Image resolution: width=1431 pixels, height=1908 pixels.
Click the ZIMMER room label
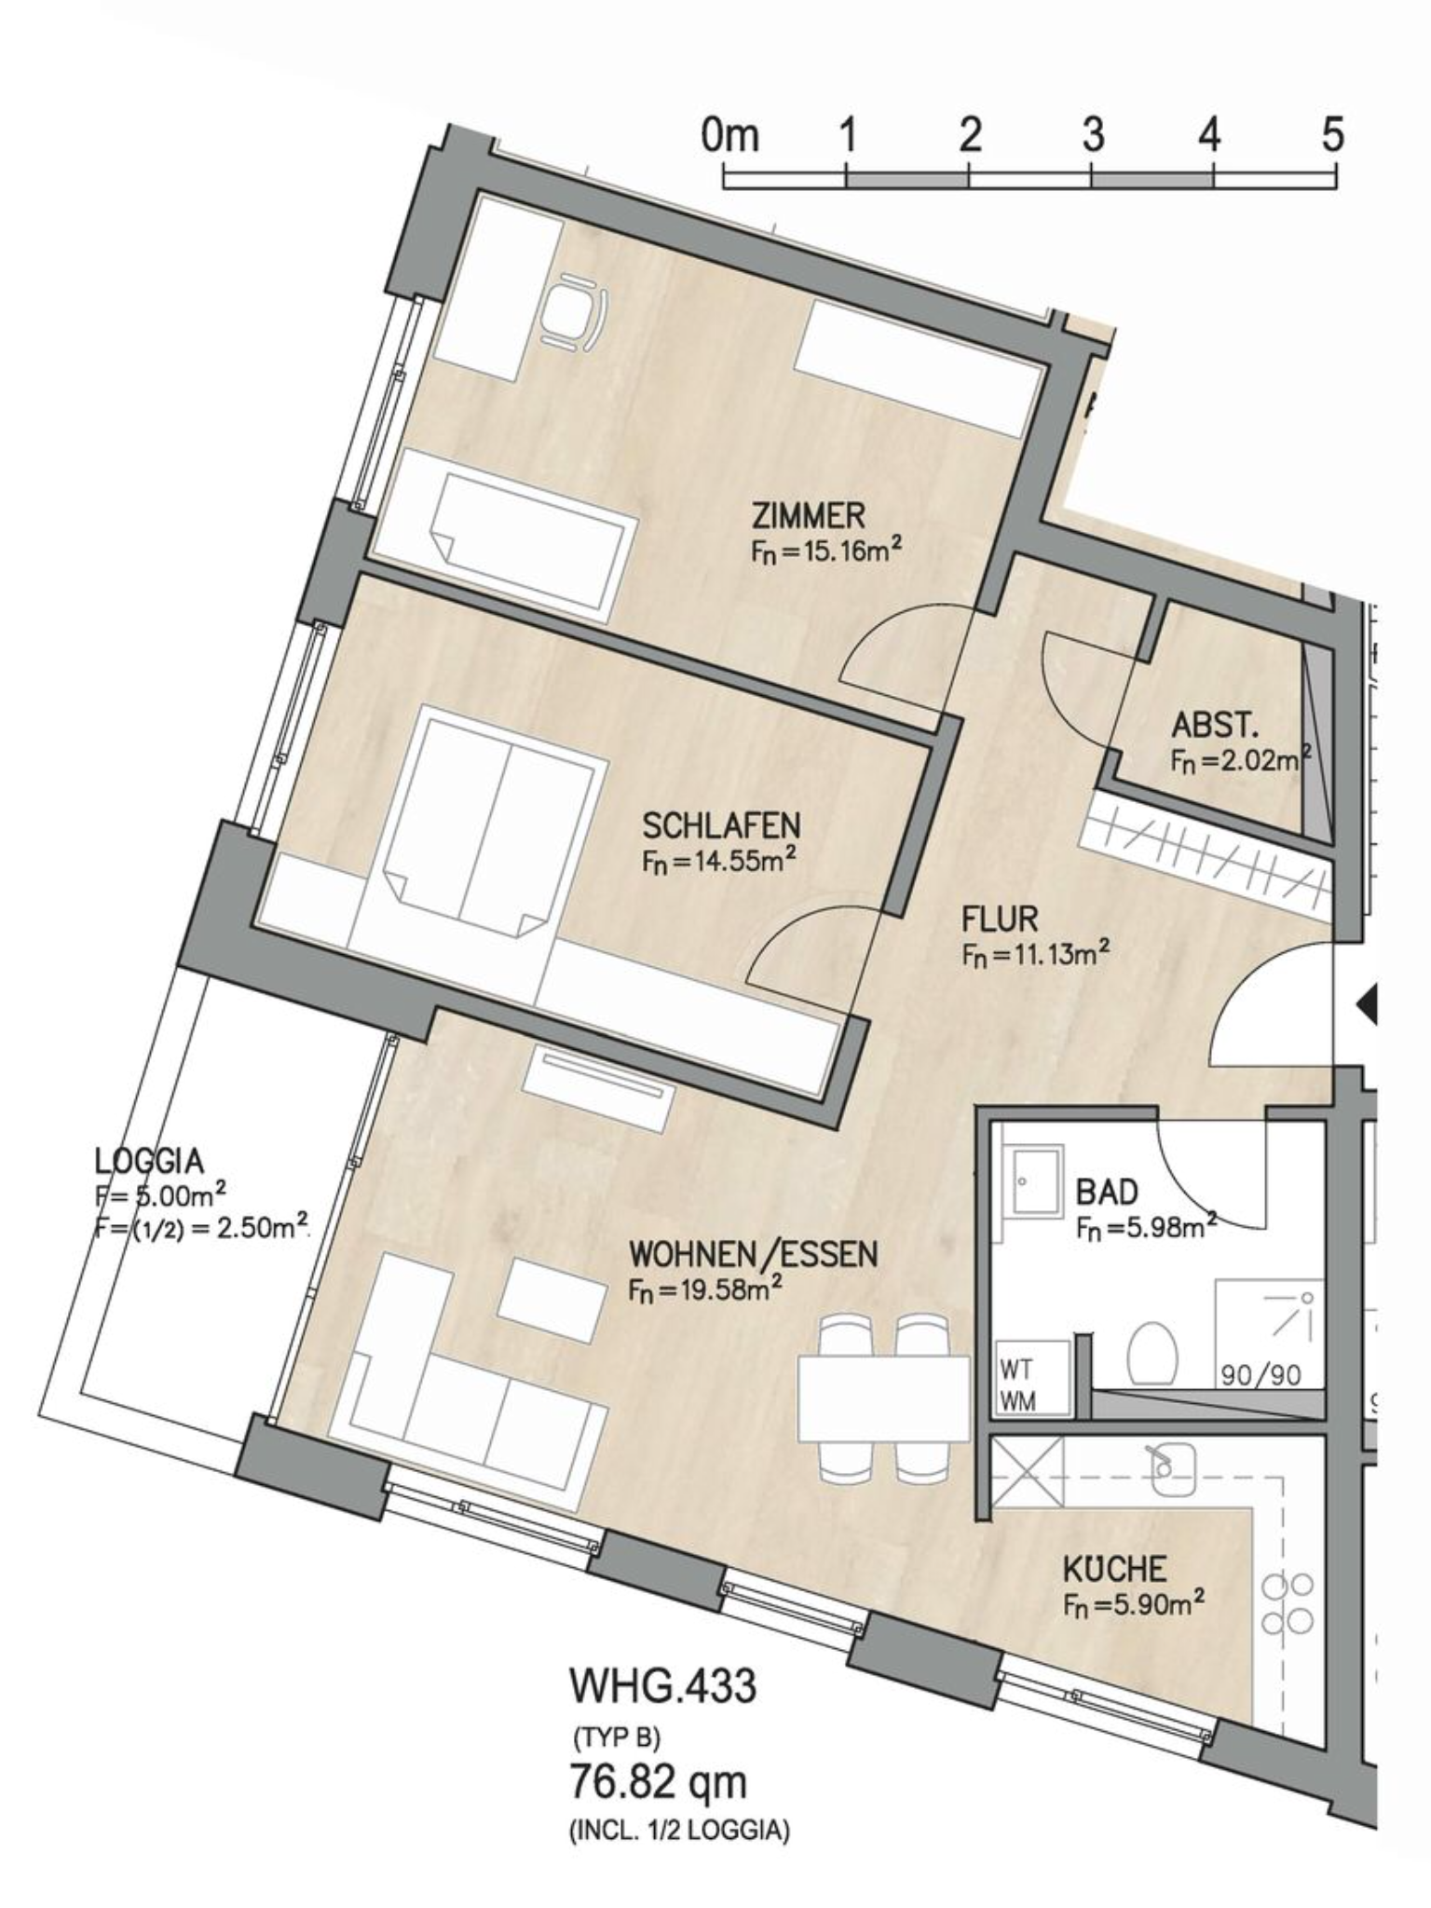pyautogui.click(x=809, y=515)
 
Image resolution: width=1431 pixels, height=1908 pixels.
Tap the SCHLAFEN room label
pyautogui.click(x=721, y=825)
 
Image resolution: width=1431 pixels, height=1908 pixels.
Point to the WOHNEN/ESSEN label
pyautogui.click(x=753, y=1254)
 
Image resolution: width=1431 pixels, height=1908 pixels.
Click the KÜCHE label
pyautogui.click(x=1114, y=1570)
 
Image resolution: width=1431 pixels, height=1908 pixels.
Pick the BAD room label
pyautogui.click(x=1107, y=1192)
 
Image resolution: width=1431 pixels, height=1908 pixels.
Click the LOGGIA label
pyautogui.click(x=149, y=1161)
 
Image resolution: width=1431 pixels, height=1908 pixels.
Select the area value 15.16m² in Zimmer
pyautogui.click(x=826, y=551)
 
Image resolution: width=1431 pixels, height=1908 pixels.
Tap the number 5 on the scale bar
pyautogui.click(x=1333, y=135)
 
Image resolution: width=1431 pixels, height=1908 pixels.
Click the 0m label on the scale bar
pyautogui.click(x=730, y=135)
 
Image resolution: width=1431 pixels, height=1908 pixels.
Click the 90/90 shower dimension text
pyautogui.click(x=1261, y=1374)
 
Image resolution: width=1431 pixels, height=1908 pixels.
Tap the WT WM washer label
pyautogui.click(x=1017, y=1385)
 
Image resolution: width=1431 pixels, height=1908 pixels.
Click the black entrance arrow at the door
pyautogui.click(x=1367, y=1006)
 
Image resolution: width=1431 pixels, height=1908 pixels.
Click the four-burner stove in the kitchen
pyautogui.click(x=1288, y=1604)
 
